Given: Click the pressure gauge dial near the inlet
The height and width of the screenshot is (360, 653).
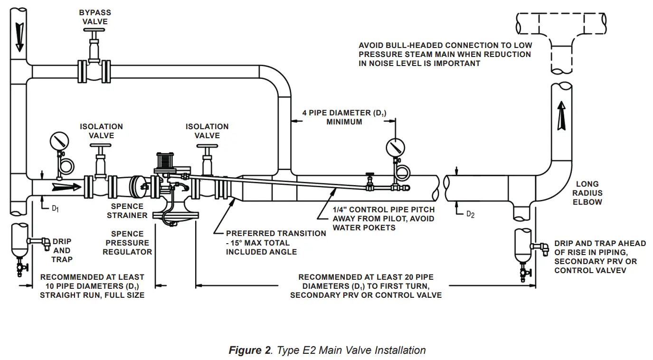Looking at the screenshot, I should pos(59,141).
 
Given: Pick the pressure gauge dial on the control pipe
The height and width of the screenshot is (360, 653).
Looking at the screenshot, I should pos(396,148).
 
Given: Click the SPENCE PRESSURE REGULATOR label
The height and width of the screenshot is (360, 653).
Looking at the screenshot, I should pos(127,243).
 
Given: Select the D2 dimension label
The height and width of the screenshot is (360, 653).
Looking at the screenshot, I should pos(470,214).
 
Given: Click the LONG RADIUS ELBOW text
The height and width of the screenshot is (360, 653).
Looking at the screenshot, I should pos(587,193).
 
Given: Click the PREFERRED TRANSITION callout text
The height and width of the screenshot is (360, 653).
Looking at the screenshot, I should pos(275,243).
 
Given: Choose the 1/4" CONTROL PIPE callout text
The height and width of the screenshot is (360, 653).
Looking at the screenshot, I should pos(383,218).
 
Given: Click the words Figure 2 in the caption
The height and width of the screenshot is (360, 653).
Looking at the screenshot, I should pos(249,351).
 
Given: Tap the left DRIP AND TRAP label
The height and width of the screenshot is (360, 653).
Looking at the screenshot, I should pos(62,250).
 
